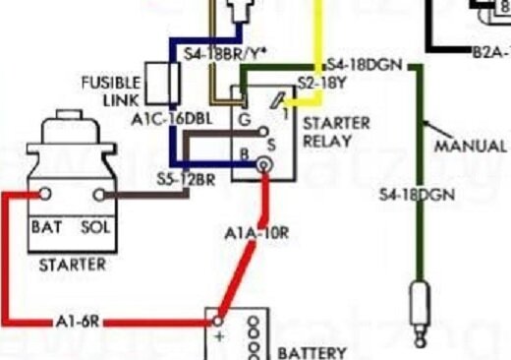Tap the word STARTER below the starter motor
71,265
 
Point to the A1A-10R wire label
256,233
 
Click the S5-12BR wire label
187,178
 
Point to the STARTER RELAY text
336,132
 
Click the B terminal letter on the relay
243,154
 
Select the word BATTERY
312,352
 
